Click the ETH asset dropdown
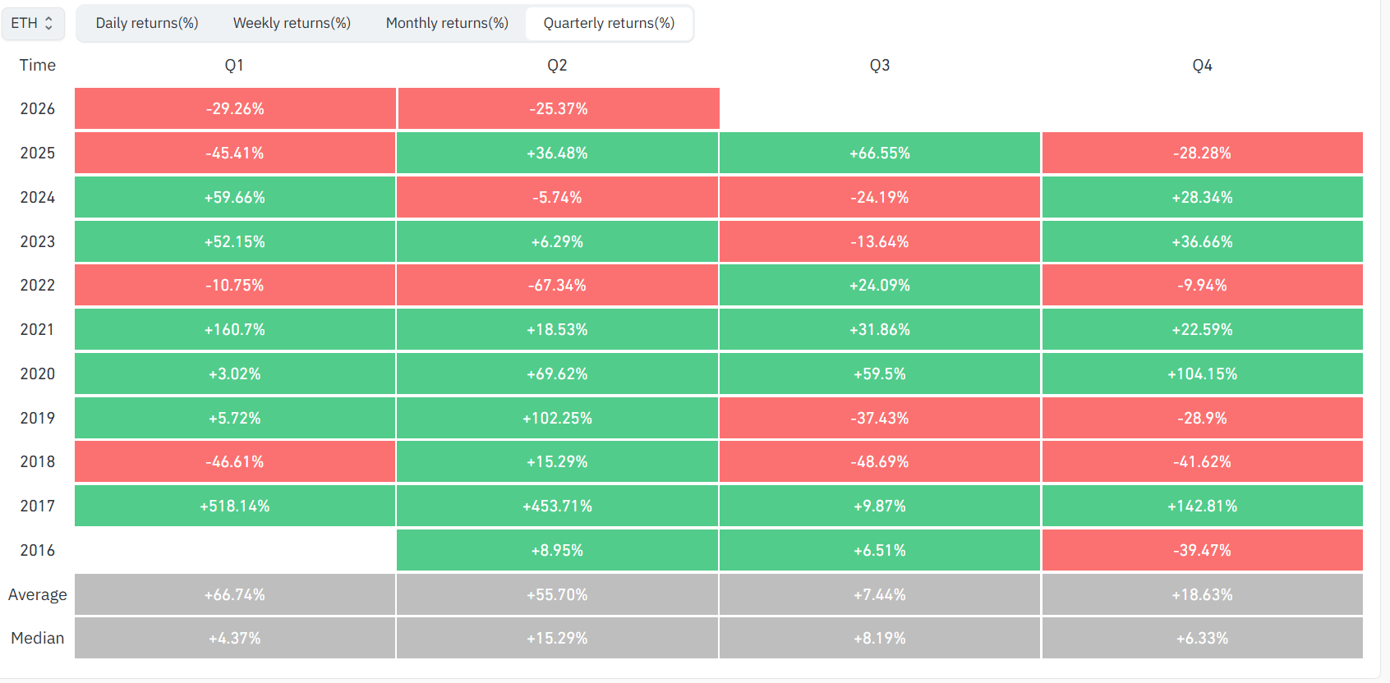tap(33, 24)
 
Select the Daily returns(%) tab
tap(147, 24)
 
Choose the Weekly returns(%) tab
tap(292, 24)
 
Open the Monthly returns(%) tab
tap(447, 24)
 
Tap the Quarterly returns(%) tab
tap(609, 24)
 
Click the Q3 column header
tap(879, 65)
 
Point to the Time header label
tap(37, 65)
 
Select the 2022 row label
tap(37, 286)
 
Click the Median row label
tap(37, 638)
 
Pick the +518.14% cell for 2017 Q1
tap(235, 506)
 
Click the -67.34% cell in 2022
tap(557, 286)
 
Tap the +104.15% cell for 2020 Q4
tap(1203, 374)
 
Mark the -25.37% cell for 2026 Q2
tap(559, 108)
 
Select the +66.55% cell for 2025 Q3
tap(879, 153)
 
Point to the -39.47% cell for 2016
tap(1203, 550)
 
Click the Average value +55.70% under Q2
tap(557, 594)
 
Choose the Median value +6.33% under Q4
tap(1203, 638)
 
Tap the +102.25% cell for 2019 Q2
tap(557, 418)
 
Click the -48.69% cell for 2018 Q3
tap(879, 461)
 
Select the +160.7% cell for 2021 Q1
tap(235, 329)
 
